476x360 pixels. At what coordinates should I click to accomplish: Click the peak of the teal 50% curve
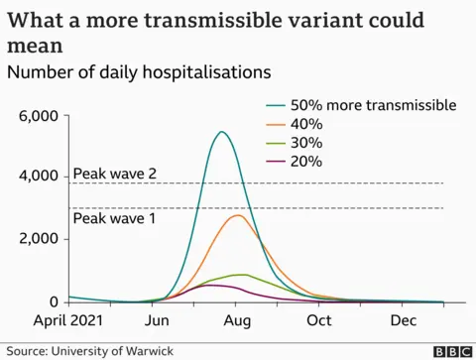click(221, 132)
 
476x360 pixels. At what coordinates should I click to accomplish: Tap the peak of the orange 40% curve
click(238, 215)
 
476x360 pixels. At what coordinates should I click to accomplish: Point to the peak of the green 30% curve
click(239, 275)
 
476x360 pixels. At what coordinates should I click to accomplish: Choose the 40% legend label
click(308, 124)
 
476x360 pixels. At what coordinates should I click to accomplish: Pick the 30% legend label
click(308, 143)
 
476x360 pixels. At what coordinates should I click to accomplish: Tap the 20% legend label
click(308, 162)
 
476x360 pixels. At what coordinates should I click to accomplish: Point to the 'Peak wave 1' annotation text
click(115, 217)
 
